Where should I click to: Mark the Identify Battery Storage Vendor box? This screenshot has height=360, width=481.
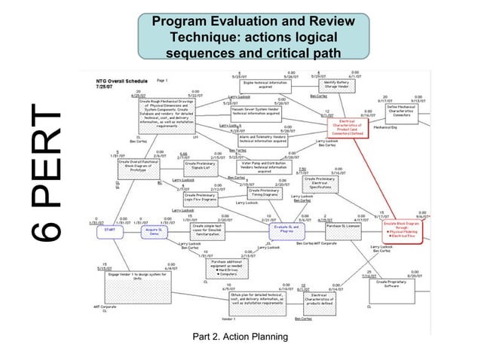(335, 85)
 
